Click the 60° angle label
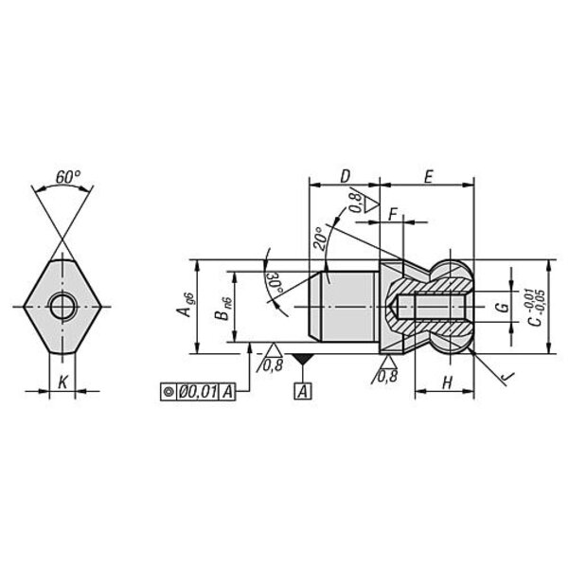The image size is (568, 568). (68, 177)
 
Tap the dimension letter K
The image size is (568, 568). (62, 382)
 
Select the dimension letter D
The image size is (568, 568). (346, 176)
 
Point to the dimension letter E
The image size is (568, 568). (429, 177)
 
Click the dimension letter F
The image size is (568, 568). (393, 215)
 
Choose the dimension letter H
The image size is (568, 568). (448, 382)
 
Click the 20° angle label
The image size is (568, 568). (320, 239)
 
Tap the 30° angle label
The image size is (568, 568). (275, 284)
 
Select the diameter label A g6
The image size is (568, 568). (186, 305)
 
